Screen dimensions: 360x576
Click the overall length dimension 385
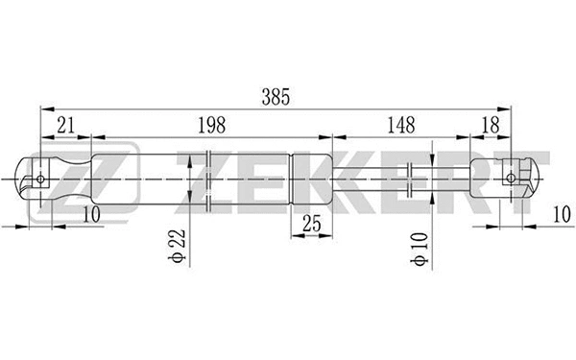(x=275, y=97)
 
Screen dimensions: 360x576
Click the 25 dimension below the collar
(x=311, y=224)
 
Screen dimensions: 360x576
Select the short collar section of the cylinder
(x=311, y=178)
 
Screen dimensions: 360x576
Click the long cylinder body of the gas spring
(x=192, y=178)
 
